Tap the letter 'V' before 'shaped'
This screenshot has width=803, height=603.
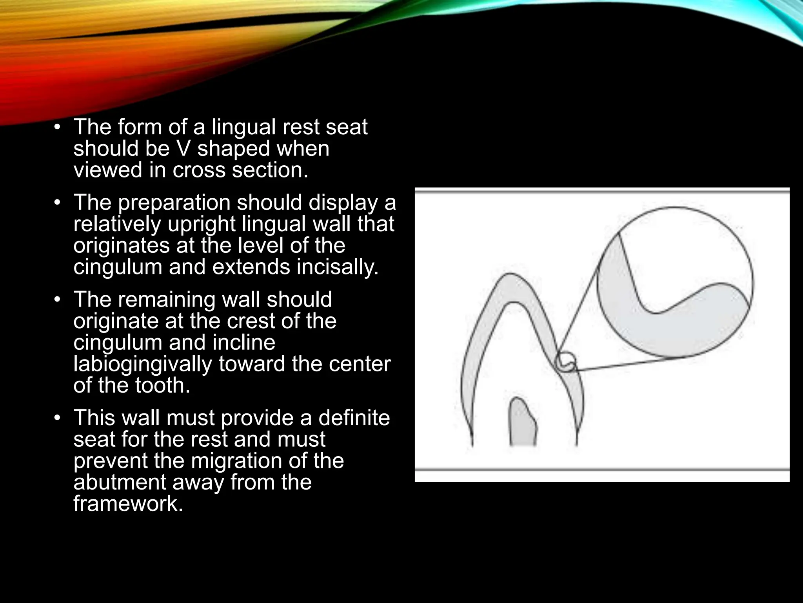tap(184, 149)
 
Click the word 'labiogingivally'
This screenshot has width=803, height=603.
tap(143, 364)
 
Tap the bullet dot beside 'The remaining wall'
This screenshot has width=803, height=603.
tap(58, 300)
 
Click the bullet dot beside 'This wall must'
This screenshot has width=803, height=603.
tap(58, 418)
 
